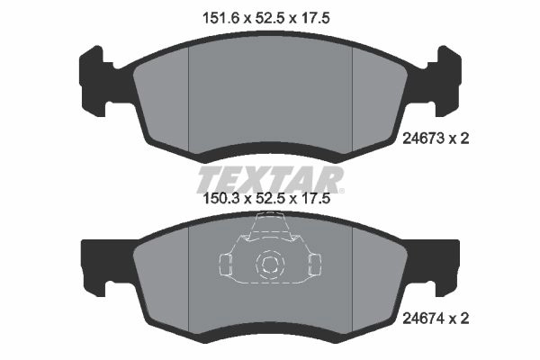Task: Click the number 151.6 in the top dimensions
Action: (220, 18)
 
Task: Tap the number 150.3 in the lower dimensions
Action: (221, 198)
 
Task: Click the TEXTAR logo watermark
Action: (270, 179)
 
